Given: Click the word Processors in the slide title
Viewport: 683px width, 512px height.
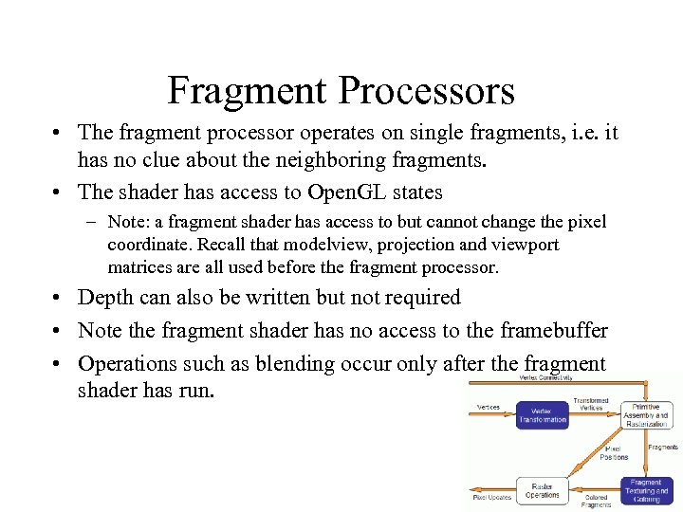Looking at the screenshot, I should [426, 91].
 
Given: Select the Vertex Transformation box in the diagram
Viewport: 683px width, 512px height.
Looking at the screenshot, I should [543, 414].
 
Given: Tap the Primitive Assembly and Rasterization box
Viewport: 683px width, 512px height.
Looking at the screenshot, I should [646, 414].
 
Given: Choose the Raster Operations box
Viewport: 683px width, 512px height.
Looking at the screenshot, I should [543, 490].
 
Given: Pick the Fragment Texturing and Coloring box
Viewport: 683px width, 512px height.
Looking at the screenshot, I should [646, 490].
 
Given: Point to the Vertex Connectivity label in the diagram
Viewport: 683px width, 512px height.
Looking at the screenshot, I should [545, 377].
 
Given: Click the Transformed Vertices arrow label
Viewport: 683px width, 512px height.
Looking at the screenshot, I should [591, 404].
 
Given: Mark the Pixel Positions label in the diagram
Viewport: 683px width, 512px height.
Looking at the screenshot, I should [614, 452].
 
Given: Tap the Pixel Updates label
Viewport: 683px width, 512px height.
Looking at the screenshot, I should [492, 498].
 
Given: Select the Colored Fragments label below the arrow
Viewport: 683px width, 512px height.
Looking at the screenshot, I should [597, 502].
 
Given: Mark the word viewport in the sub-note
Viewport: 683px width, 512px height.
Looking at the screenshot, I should [526, 245].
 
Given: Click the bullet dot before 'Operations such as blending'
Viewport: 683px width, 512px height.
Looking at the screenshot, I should [60, 365].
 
